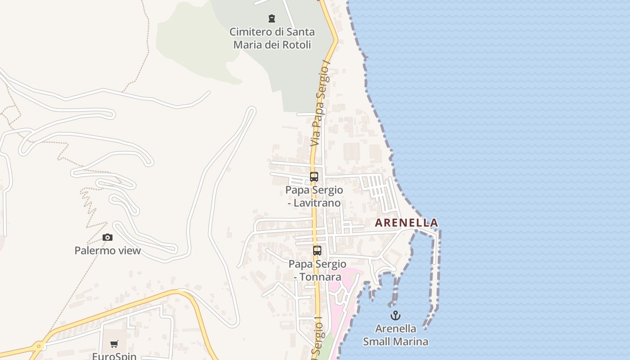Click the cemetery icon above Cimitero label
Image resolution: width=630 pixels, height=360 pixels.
pos(272,18)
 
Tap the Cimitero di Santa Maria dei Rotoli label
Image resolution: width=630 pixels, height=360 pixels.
pos(272,38)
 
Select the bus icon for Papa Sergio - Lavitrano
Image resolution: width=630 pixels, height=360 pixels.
pos(314,177)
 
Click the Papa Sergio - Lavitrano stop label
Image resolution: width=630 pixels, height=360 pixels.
pos(314,196)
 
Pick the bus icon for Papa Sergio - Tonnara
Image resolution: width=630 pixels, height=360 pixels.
pos(317,251)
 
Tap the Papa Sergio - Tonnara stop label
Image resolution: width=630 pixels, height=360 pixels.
pos(317,270)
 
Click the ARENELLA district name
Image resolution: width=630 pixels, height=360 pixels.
pos(406,223)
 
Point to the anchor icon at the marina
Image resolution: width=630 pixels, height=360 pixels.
pos(396,315)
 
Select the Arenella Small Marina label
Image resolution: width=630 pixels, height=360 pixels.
pos(396,335)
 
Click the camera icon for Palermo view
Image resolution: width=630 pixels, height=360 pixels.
pos(108,237)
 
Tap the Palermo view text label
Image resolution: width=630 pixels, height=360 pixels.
pos(108,251)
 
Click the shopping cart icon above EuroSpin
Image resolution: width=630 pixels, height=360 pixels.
pos(114,344)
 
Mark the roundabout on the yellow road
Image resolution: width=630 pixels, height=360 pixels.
pos(38,347)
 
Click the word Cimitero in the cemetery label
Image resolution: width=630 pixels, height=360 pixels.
pos(250,32)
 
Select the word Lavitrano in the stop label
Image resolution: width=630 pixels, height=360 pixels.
pos(317,203)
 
